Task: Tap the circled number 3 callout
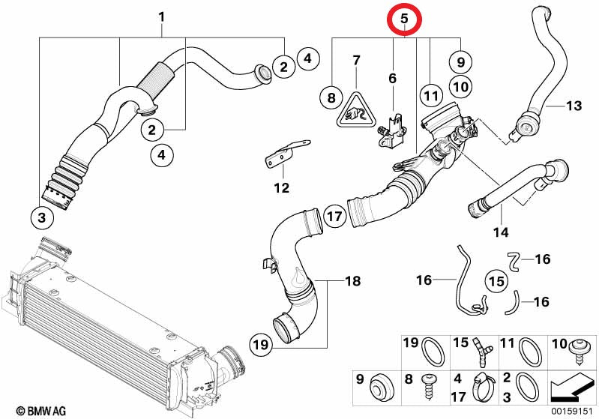(x=42, y=218)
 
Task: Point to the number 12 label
(x=281, y=187)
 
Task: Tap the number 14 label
(x=499, y=232)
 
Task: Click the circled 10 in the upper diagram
(x=460, y=86)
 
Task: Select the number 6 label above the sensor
(x=391, y=78)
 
